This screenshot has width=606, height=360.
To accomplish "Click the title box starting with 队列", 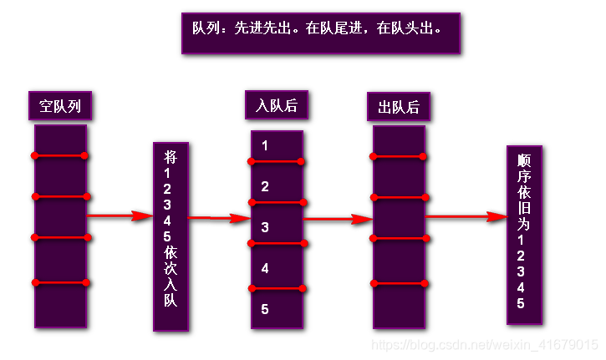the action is (x=320, y=33).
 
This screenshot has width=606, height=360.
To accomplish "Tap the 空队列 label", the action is (x=60, y=106).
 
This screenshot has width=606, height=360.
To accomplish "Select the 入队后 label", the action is (x=277, y=106).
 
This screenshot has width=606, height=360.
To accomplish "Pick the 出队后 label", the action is (x=399, y=107).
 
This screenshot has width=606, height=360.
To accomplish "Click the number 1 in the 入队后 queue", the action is (x=265, y=145).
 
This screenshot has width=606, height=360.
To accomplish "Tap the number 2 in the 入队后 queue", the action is (x=265, y=186).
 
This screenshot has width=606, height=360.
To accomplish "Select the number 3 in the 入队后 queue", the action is (x=265, y=226).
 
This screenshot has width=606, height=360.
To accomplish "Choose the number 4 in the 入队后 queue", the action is (x=265, y=268).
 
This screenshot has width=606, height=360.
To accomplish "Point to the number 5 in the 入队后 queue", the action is (x=265, y=309).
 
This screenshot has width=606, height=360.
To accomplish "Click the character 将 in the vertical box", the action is (x=171, y=156).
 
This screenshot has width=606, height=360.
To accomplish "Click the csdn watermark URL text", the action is (x=484, y=344).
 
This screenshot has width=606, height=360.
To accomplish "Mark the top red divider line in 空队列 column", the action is (x=60, y=155).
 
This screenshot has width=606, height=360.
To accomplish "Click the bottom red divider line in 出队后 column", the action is (x=399, y=284).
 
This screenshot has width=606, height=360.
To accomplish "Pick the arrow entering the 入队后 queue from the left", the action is (x=219, y=218).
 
